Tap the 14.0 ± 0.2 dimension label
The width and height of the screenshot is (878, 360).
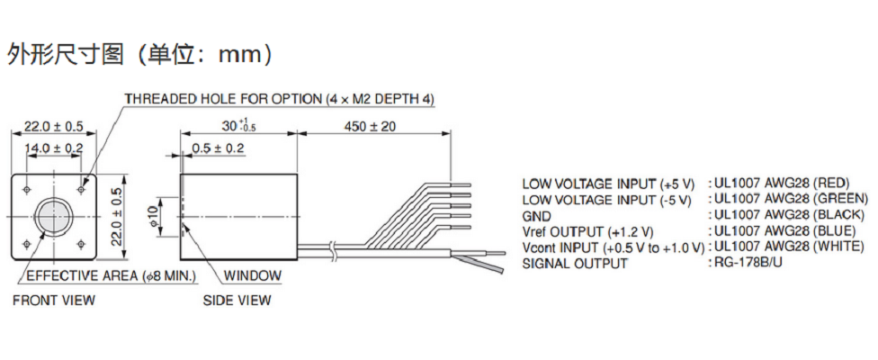coord(53,147)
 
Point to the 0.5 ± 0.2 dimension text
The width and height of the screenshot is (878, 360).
coord(218,147)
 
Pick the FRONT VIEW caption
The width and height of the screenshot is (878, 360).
coord(54,300)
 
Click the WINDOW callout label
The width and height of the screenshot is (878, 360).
coord(253,276)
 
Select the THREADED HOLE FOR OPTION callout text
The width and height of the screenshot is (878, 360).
coord(279,98)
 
